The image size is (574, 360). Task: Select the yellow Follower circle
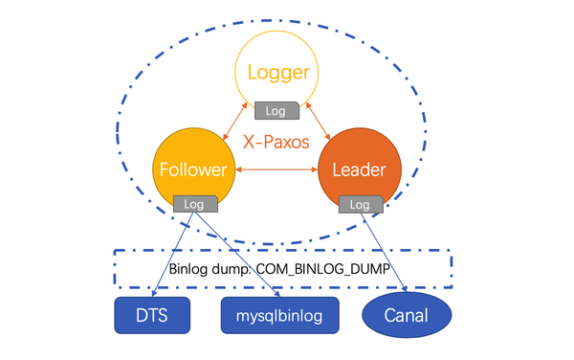pos(193,158)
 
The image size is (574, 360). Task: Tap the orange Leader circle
pos(358,158)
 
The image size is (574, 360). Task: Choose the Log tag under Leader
pos(360,204)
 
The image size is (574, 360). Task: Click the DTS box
pos(152,315)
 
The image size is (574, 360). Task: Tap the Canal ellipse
pos(407,315)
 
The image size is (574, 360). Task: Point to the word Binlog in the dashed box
pos(188,268)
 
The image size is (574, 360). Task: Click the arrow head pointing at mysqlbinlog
pos(267,292)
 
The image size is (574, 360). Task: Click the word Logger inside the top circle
pos(276,72)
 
